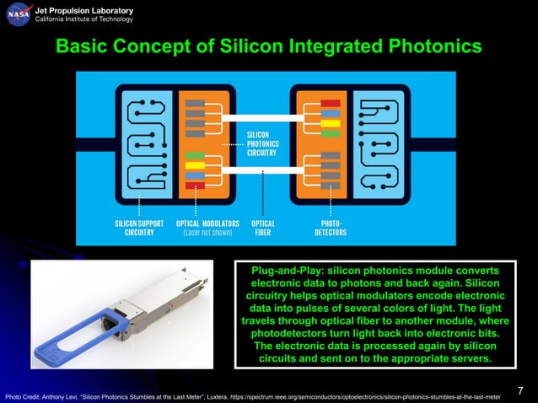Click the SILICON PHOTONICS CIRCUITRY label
pos(259,143)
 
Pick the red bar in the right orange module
pos(331,104)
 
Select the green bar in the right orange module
pos(331,132)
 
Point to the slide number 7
pos(520,390)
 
